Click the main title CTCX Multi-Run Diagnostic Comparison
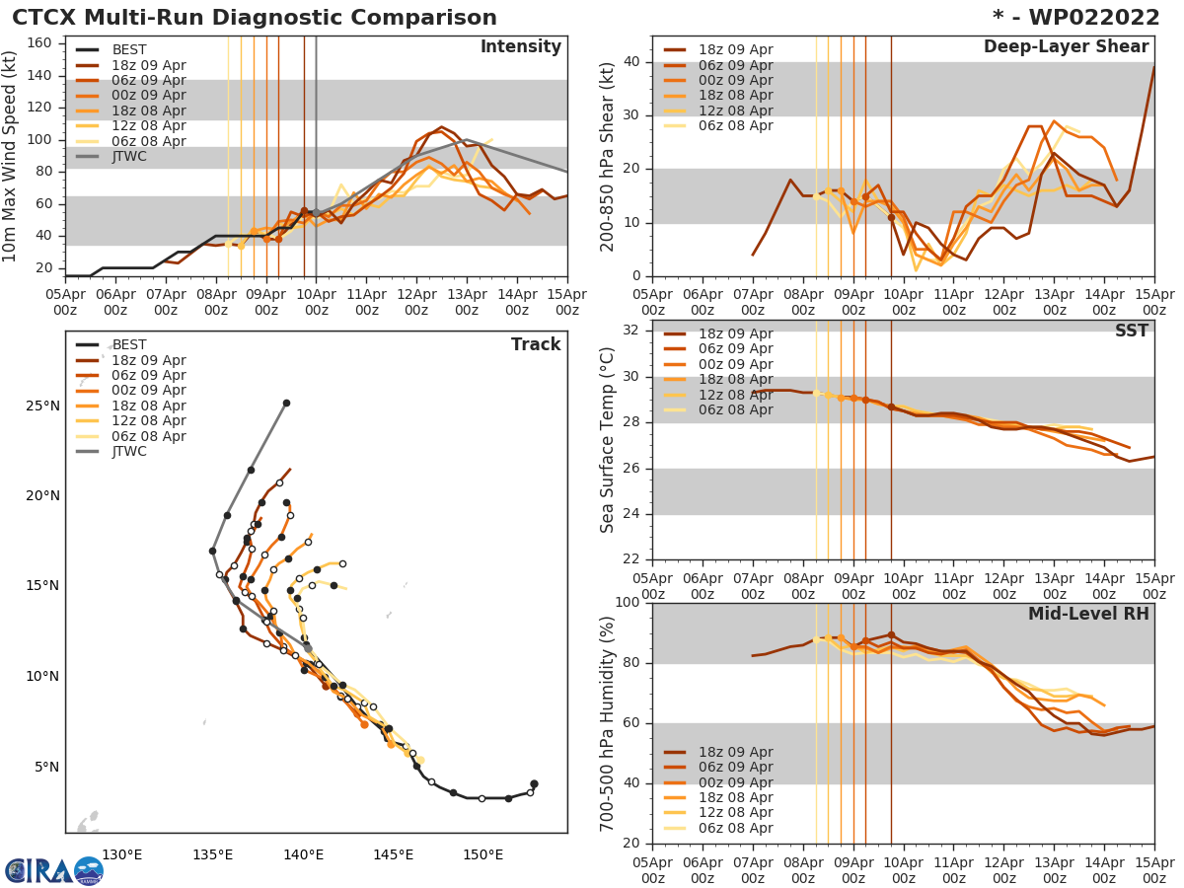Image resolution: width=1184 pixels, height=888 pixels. [255, 18]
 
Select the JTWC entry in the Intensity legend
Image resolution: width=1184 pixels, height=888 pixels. [128, 156]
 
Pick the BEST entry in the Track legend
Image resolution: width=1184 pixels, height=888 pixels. [128, 345]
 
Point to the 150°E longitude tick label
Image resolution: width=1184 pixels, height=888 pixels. [482, 854]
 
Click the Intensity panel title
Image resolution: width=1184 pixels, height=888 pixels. [520, 47]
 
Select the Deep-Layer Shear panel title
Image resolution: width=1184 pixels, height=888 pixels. [1066, 47]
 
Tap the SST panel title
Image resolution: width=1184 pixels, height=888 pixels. [1132, 332]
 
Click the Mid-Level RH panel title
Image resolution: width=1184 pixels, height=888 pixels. [1088, 615]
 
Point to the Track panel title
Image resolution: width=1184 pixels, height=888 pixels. [536, 345]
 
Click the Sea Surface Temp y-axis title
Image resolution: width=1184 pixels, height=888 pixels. [608, 439]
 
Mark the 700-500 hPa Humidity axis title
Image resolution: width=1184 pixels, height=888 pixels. [608, 723]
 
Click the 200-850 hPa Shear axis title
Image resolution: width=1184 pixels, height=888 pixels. [608, 157]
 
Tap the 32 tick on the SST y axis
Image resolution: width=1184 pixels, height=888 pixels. [631, 330]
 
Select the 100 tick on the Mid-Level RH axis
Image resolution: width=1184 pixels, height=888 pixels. [628, 603]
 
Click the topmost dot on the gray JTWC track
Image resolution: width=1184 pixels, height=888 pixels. [286, 403]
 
